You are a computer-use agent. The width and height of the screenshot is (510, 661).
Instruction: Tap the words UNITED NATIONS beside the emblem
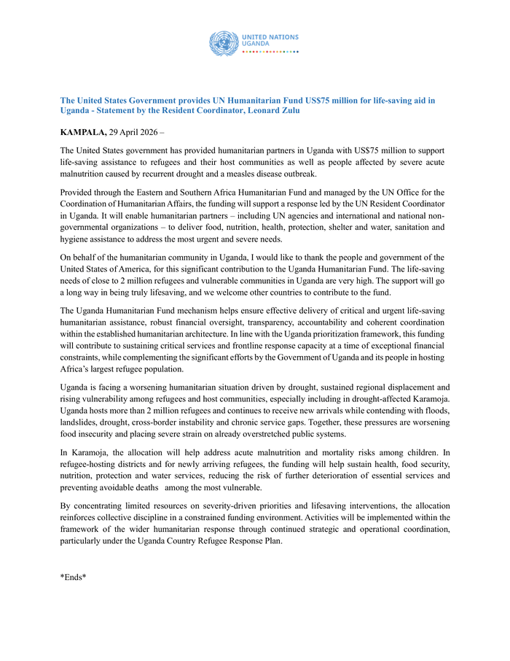[270, 37]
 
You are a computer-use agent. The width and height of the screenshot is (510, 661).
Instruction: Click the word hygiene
[74, 239]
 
